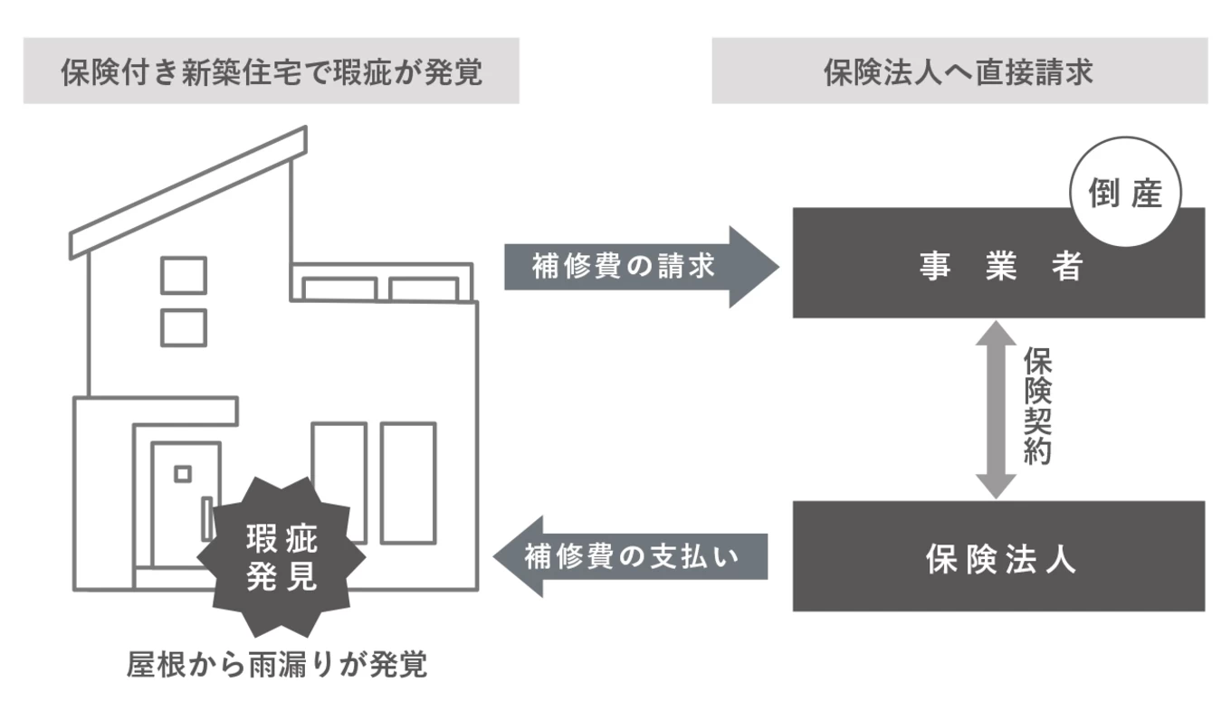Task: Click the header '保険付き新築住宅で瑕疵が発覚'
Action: (x=271, y=71)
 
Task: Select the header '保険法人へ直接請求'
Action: (x=959, y=71)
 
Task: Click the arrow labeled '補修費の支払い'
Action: (x=631, y=556)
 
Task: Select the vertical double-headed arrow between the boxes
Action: (x=996, y=409)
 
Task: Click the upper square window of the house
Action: (x=184, y=275)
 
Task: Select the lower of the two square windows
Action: (x=184, y=327)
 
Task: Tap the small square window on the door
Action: (x=183, y=473)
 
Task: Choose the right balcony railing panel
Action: (x=423, y=289)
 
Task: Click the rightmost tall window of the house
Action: (x=407, y=481)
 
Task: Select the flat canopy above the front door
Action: (x=157, y=411)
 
